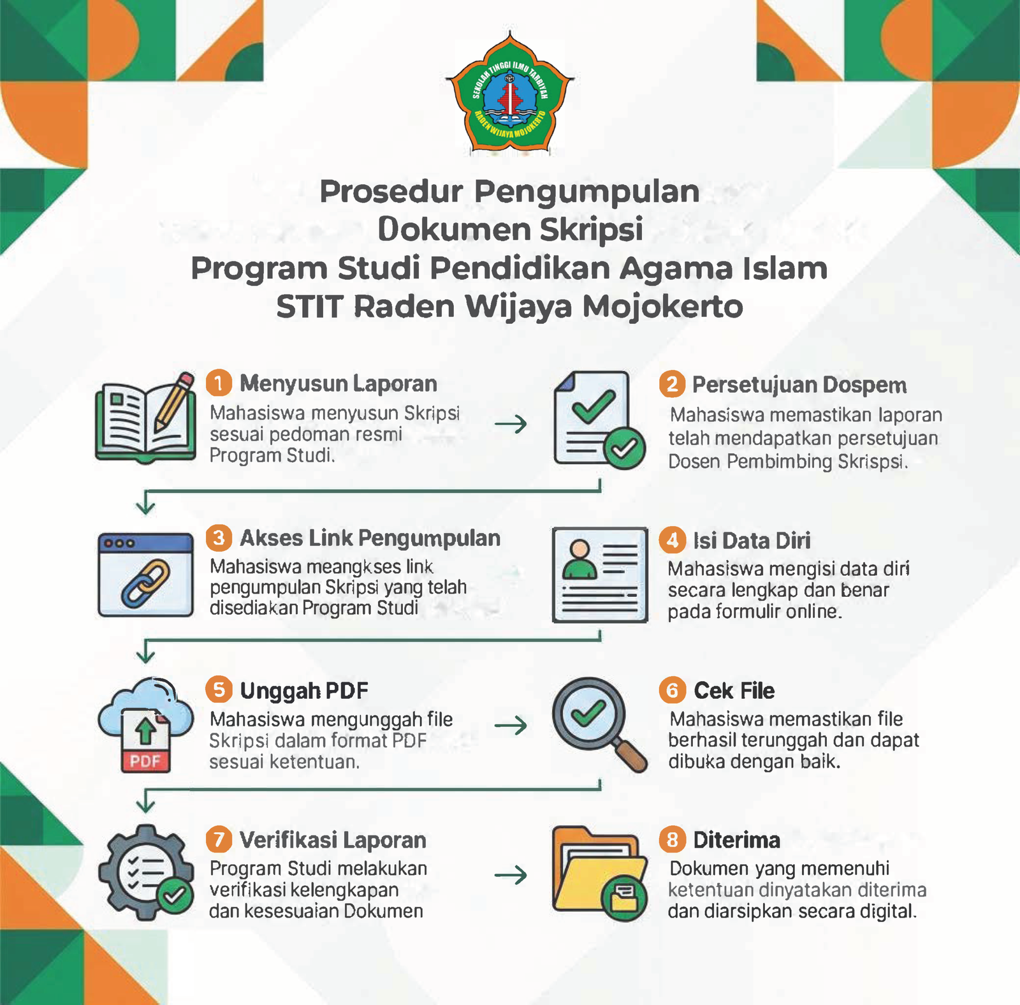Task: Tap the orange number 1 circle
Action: (219, 383)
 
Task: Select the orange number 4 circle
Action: (672, 540)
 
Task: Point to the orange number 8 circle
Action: (672, 840)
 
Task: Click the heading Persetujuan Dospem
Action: (799, 385)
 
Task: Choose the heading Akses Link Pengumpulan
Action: (370, 538)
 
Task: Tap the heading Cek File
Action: (734, 691)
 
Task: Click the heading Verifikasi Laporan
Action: (333, 840)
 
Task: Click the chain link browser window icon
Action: (145, 575)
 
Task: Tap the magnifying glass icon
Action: (599, 724)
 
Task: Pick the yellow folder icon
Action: (599, 874)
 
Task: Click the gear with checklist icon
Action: (146, 872)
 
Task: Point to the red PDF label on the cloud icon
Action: (145, 761)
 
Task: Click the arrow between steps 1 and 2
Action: (511, 424)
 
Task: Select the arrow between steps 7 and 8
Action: (511, 875)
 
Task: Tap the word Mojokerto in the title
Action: (663, 307)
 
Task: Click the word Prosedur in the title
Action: (391, 191)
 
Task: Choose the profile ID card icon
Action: (600, 575)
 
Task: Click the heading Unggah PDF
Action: (304, 691)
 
